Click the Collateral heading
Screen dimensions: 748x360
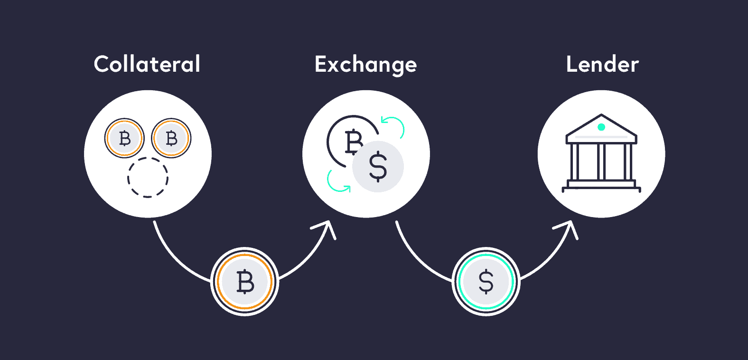tap(147, 64)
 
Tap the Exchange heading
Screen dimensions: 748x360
tap(365, 66)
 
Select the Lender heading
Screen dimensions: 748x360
tap(602, 64)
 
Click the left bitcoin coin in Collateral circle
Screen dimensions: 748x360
tap(124, 138)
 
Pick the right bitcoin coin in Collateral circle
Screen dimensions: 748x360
tap(171, 138)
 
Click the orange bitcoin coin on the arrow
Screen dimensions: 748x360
tap(245, 282)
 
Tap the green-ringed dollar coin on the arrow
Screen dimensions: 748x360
tap(486, 282)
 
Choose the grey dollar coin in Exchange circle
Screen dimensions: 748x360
tap(378, 166)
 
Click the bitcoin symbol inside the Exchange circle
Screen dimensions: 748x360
tap(353, 142)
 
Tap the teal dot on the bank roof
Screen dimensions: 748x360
tap(601, 127)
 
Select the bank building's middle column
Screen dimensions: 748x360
tap(601, 162)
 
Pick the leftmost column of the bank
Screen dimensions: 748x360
tap(574, 162)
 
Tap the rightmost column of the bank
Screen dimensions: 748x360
tap(628, 162)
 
